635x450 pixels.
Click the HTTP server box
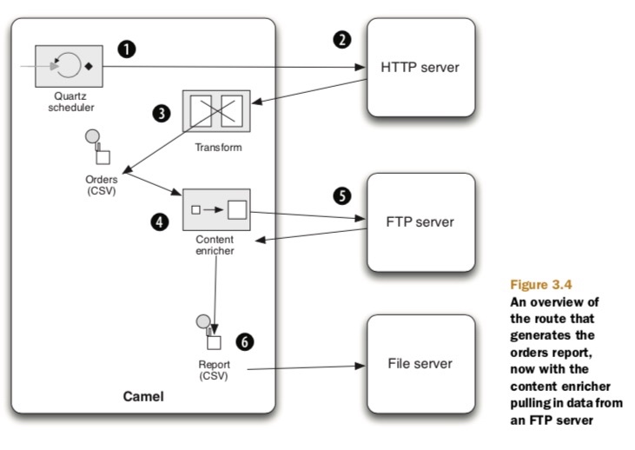click(x=420, y=68)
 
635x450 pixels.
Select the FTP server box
click(x=420, y=222)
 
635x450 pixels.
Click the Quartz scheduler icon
click(x=69, y=64)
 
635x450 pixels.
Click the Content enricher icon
click(x=215, y=209)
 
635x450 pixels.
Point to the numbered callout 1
click(x=128, y=49)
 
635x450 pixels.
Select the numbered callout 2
click(x=341, y=40)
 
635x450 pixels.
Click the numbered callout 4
click(x=160, y=222)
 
